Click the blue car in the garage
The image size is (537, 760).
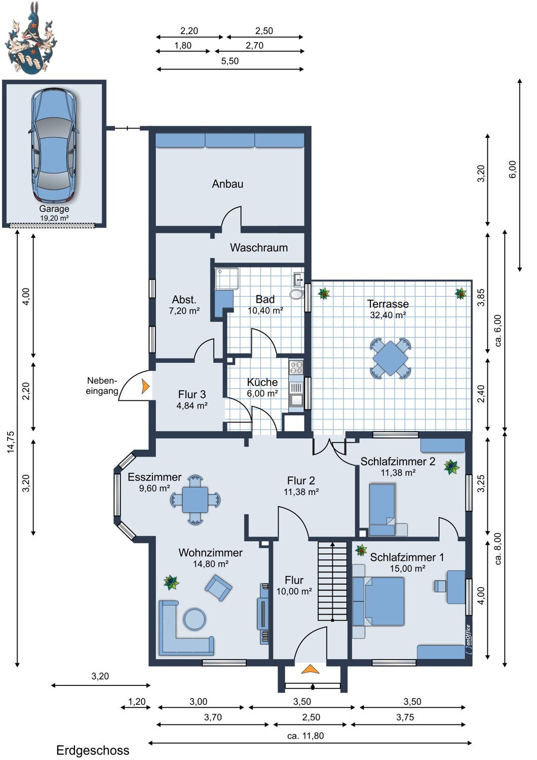54,146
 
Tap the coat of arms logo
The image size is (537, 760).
30,37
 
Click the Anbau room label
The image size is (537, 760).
227,184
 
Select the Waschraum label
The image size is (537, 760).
259,248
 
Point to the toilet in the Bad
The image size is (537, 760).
296,294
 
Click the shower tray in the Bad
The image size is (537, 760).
227,279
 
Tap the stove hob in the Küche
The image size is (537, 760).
296,367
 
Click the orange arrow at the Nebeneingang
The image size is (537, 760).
145,387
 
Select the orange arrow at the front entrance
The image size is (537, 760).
310,669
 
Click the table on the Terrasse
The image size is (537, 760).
391,358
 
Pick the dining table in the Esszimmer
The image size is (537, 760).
195,500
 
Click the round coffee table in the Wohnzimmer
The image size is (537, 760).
195,619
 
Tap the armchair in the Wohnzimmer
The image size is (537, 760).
218,587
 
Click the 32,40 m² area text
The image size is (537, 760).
388,315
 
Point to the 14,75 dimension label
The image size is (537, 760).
11,442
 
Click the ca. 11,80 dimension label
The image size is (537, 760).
305,736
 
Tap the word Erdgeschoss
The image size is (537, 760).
93,750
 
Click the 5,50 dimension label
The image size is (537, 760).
230,61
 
